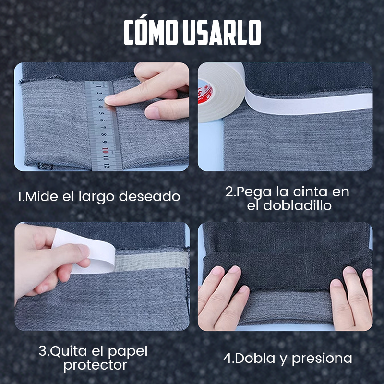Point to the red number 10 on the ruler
pyautogui.click(x=105, y=149)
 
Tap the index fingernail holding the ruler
pyautogui.click(x=111, y=100)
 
